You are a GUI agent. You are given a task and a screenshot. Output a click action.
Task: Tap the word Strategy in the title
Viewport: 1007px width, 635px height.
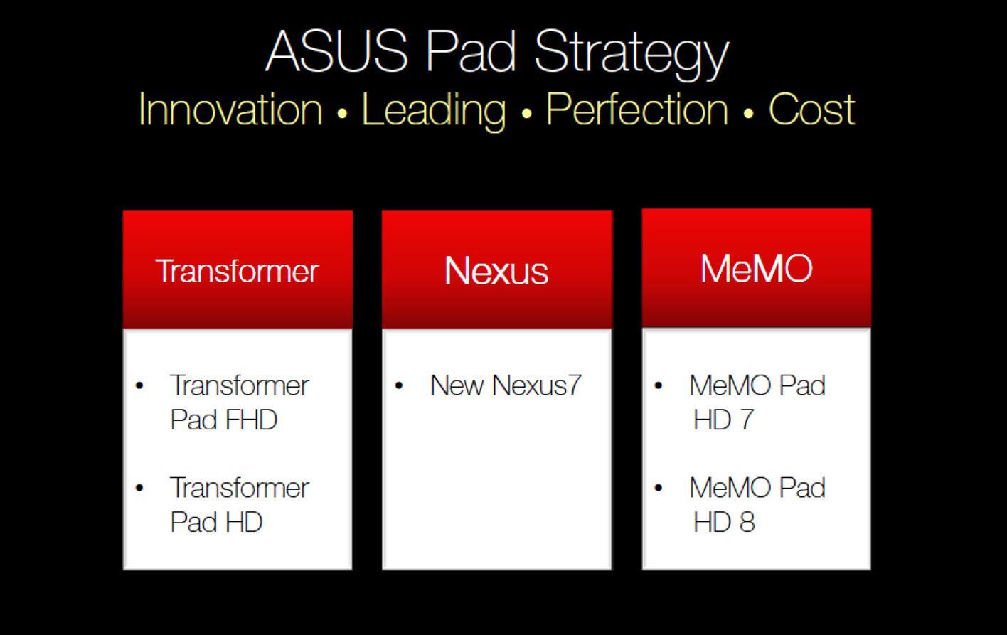pyautogui.click(x=632, y=54)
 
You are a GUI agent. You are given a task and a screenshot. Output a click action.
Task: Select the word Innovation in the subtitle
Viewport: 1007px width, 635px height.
pyautogui.click(x=230, y=110)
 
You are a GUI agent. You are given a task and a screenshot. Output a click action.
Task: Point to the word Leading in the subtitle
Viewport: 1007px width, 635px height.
pyautogui.click(x=434, y=111)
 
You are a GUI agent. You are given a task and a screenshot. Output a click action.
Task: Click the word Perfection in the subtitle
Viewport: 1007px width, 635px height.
pyautogui.click(x=637, y=109)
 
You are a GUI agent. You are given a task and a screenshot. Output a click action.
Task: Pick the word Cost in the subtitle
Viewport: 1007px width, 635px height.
pyautogui.click(x=811, y=110)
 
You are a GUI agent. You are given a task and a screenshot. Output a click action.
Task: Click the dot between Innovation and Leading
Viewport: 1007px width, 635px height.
pyautogui.click(x=342, y=113)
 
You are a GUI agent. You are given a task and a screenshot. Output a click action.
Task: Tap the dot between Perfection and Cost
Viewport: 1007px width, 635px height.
pyautogui.click(x=749, y=113)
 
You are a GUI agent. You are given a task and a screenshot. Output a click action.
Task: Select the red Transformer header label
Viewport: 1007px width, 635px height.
pyautogui.click(x=237, y=271)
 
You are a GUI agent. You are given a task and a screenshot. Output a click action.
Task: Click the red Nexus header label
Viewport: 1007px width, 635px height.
pyautogui.click(x=496, y=270)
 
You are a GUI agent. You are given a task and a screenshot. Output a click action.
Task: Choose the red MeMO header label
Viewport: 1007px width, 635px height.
pyautogui.click(x=757, y=268)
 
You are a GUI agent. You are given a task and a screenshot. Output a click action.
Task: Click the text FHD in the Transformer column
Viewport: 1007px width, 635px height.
pyautogui.click(x=251, y=420)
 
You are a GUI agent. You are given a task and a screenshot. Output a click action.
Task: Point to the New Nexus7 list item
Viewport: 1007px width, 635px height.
pyautogui.click(x=506, y=385)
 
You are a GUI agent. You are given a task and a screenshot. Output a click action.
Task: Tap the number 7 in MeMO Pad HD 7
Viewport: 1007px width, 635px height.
pyautogui.click(x=746, y=420)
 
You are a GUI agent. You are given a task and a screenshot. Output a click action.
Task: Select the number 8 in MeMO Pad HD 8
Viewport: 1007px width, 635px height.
pyautogui.click(x=747, y=522)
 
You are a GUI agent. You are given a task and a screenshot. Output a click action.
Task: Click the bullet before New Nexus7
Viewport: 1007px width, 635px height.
pyautogui.click(x=399, y=385)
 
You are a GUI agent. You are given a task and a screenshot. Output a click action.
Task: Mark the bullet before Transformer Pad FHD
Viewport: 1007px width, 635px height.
pyautogui.click(x=139, y=385)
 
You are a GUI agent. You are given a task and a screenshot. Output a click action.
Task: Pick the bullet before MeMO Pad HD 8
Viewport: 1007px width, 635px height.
pyautogui.click(x=659, y=488)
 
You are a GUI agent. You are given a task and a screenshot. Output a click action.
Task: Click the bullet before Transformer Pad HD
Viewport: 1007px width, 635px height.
pyautogui.click(x=139, y=488)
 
